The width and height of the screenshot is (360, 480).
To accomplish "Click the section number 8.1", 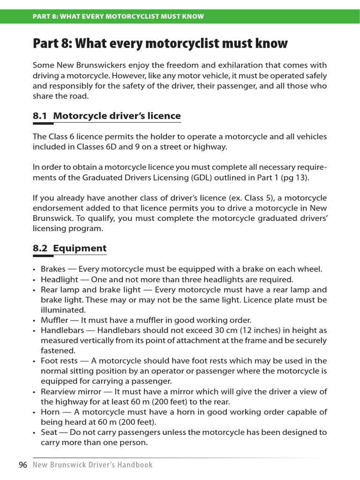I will pyautogui.click(x=40, y=116).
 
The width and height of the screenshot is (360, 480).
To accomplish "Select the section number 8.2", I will pyautogui.click(x=40, y=248).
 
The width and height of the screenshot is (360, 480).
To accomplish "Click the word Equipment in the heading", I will pyautogui.click(x=80, y=248).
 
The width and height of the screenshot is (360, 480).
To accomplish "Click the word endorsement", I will pyautogui.click(x=57, y=208).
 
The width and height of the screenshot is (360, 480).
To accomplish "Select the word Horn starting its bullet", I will pyautogui.click(x=50, y=412).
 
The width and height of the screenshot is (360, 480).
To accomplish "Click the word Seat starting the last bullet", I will pyautogui.click(x=49, y=432).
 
